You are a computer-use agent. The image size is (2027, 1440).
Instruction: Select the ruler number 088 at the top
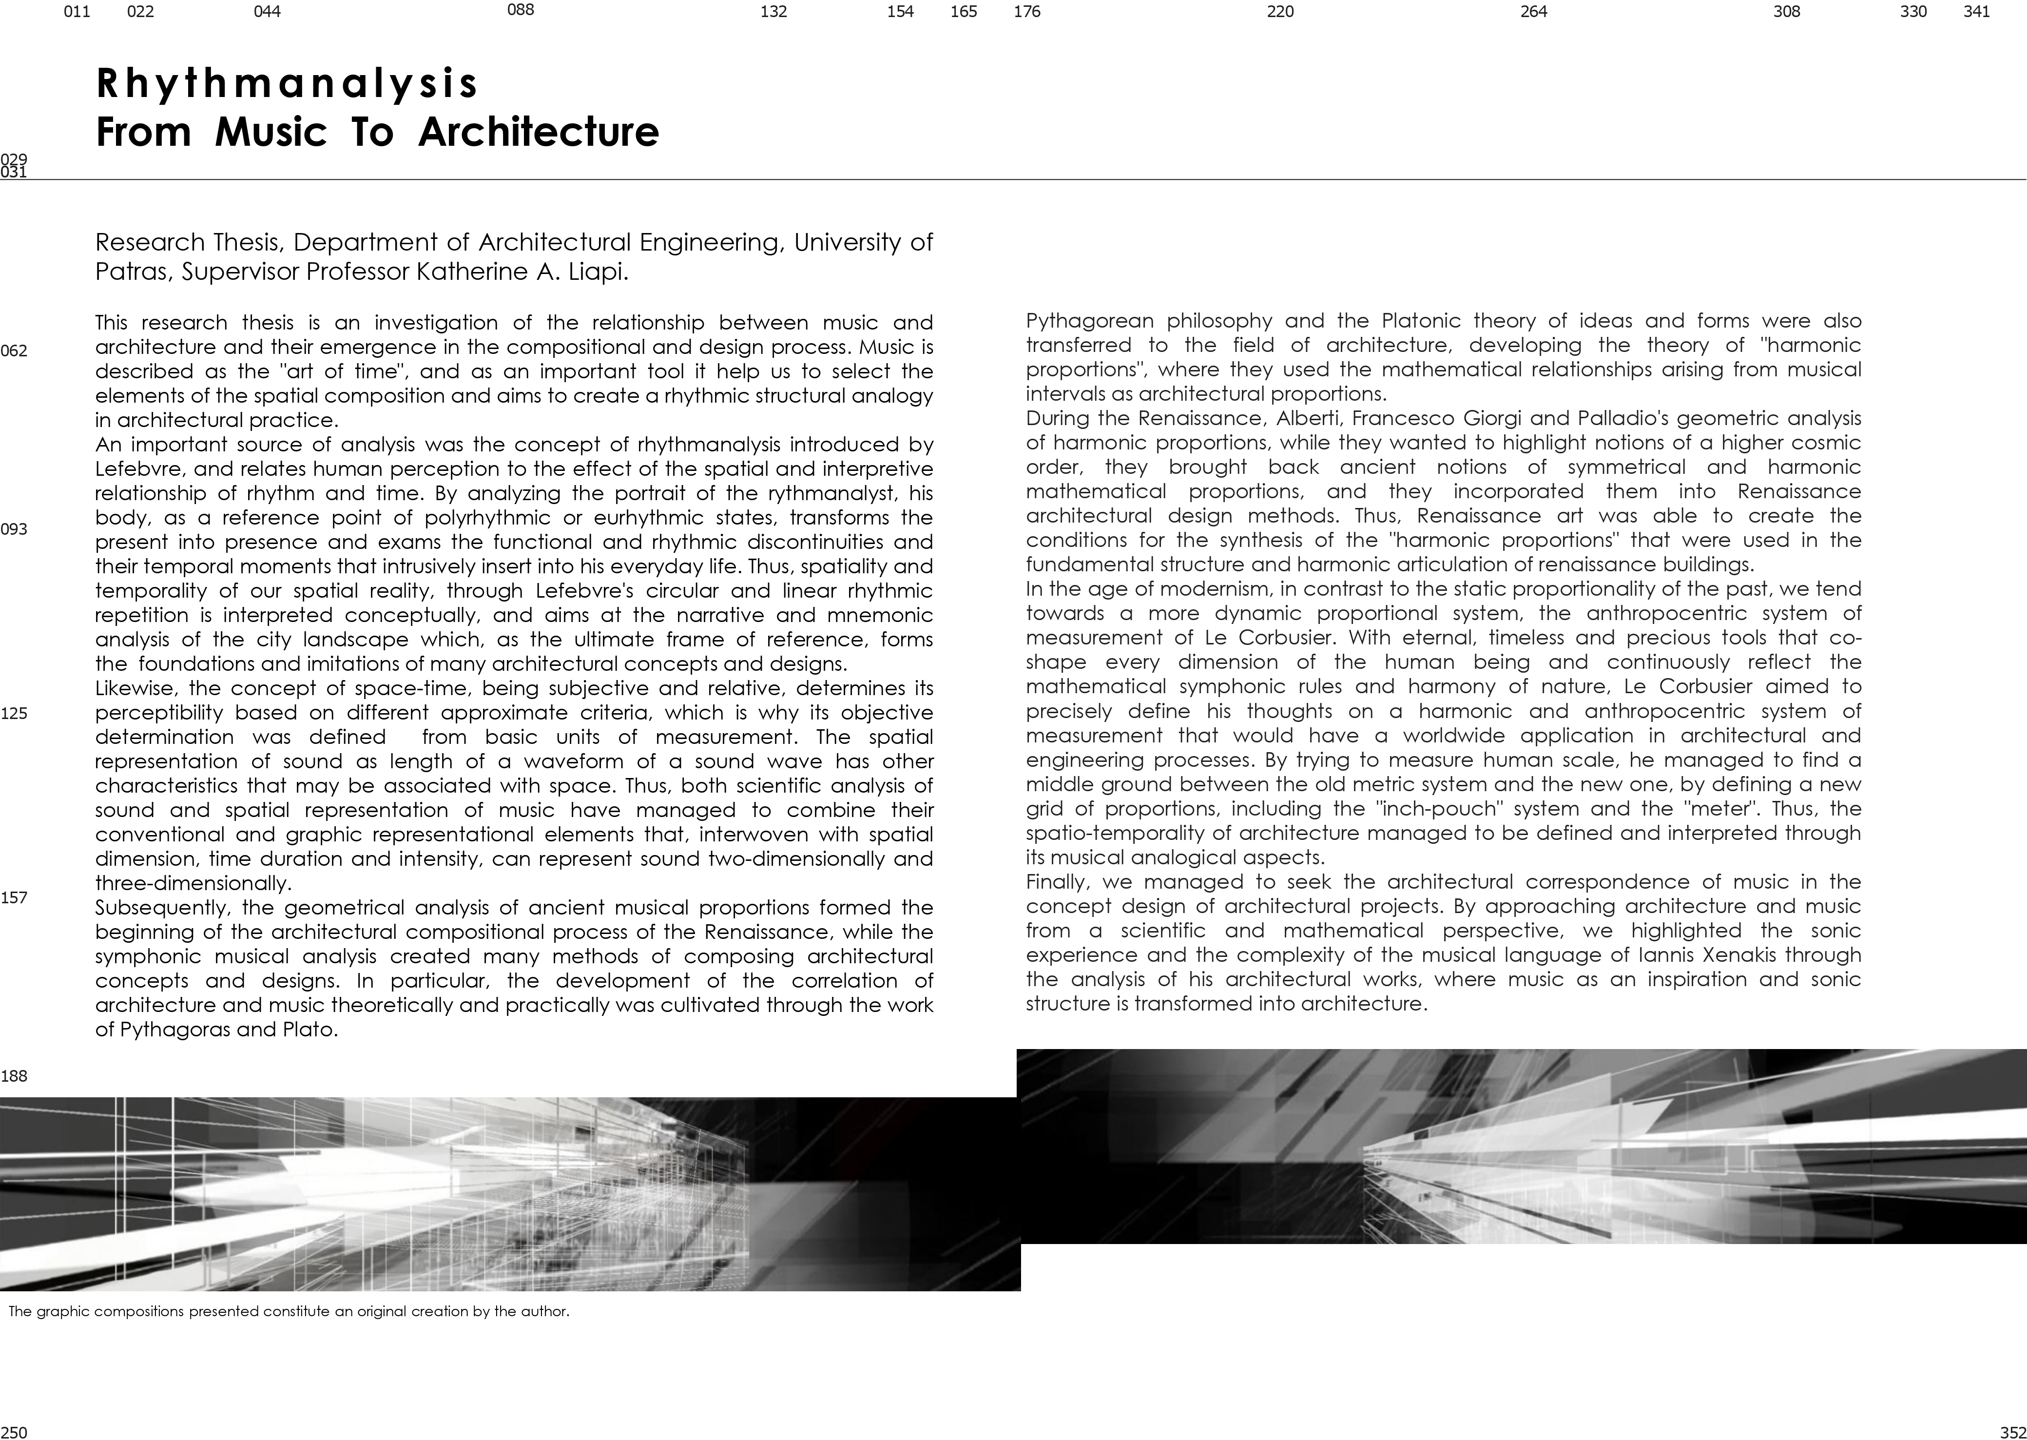coord(520,11)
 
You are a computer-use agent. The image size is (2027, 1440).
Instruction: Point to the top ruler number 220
coord(1280,12)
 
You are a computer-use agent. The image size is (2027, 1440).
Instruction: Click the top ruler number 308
coord(1786,12)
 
